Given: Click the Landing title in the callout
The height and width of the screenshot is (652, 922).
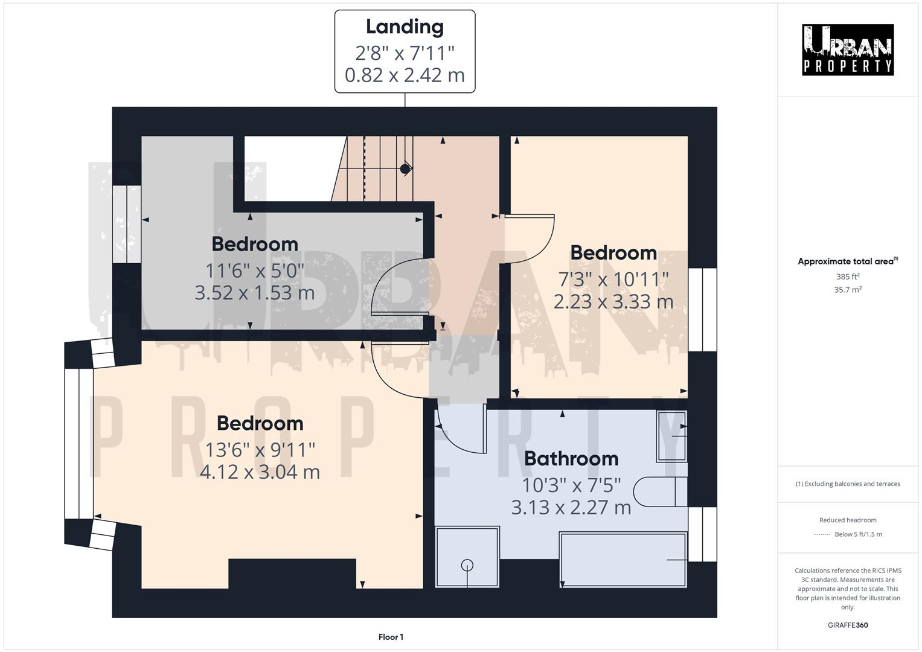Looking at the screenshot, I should point(405,27).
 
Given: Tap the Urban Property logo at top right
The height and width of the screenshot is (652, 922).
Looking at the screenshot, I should point(847,50).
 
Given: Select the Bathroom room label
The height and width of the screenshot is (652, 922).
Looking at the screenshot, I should point(571,459).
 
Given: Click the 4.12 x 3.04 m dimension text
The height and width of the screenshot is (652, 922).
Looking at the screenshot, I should point(260,471).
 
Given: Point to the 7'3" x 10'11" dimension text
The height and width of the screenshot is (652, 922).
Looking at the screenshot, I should point(613,279).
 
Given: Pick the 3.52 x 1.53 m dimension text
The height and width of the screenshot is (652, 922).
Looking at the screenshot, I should point(255,293).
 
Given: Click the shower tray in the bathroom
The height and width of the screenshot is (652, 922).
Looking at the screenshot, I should point(467,557).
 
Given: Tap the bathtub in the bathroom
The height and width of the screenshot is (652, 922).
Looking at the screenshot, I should point(623,559).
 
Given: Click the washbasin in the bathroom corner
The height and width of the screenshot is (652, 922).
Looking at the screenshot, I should point(671,435).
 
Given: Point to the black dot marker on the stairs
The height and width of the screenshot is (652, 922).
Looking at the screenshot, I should point(405,169).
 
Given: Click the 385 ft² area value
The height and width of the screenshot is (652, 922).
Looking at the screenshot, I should point(848,276).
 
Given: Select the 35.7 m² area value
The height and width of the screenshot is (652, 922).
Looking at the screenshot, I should point(848,290).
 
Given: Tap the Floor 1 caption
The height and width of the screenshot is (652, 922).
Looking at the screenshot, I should point(391,637).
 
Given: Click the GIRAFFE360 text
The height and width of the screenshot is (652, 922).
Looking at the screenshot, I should point(848,625).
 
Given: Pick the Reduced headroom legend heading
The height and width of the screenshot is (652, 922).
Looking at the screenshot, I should point(848,520).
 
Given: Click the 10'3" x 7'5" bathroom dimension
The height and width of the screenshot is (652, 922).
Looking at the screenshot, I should point(571,485).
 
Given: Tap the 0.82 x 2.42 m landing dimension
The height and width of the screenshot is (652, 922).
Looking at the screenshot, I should point(405,75).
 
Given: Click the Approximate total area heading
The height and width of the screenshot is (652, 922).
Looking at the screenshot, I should point(847,261).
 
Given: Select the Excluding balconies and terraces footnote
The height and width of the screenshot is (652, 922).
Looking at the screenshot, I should point(848,484).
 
